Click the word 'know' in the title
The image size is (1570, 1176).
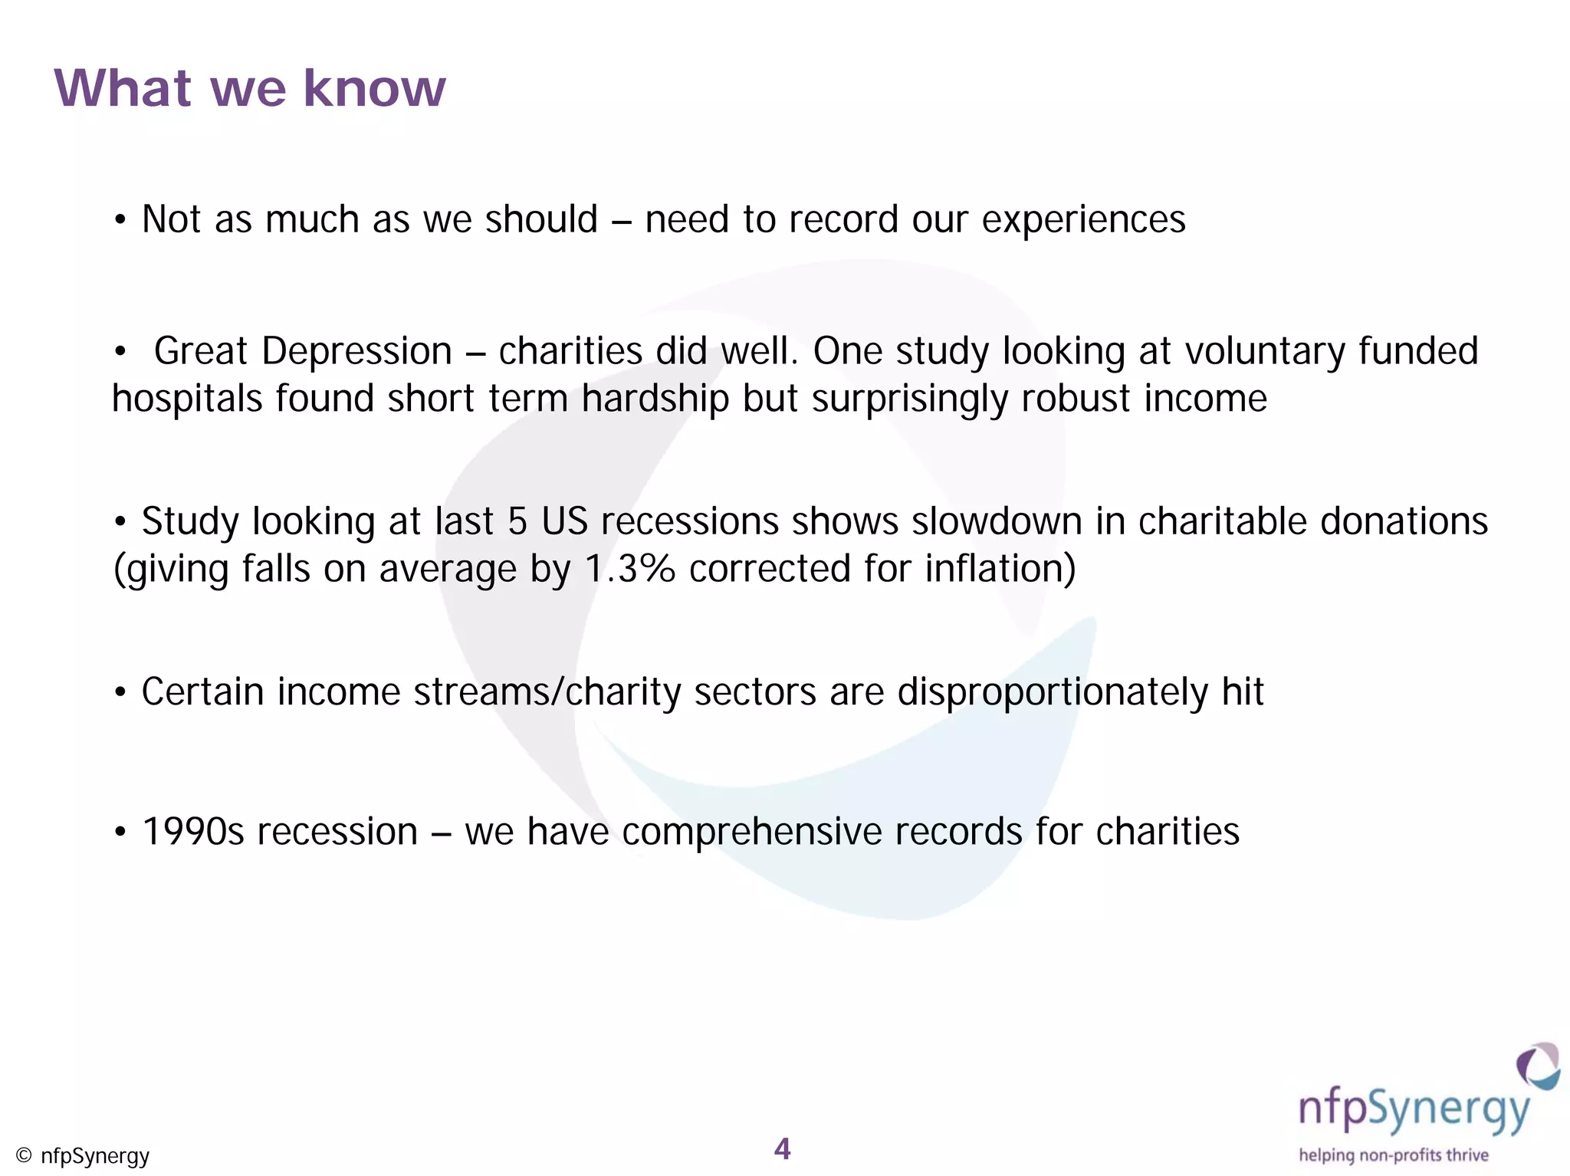click(374, 89)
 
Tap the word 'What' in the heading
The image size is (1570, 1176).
click(123, 89)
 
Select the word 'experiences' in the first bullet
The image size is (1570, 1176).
click(1083, 221)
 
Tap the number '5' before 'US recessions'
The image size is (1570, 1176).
click(517, 522)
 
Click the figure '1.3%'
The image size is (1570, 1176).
click(629, 570)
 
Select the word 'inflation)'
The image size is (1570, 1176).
click(1000, 570)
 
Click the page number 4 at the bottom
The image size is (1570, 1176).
click(782, 1148)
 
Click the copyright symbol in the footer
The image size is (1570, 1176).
click(24, 1155)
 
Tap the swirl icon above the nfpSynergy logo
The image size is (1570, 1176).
click(1537, 1066)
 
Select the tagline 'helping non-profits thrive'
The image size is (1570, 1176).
click(1393, 1155)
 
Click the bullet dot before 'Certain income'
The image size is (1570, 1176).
click(120, 693)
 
